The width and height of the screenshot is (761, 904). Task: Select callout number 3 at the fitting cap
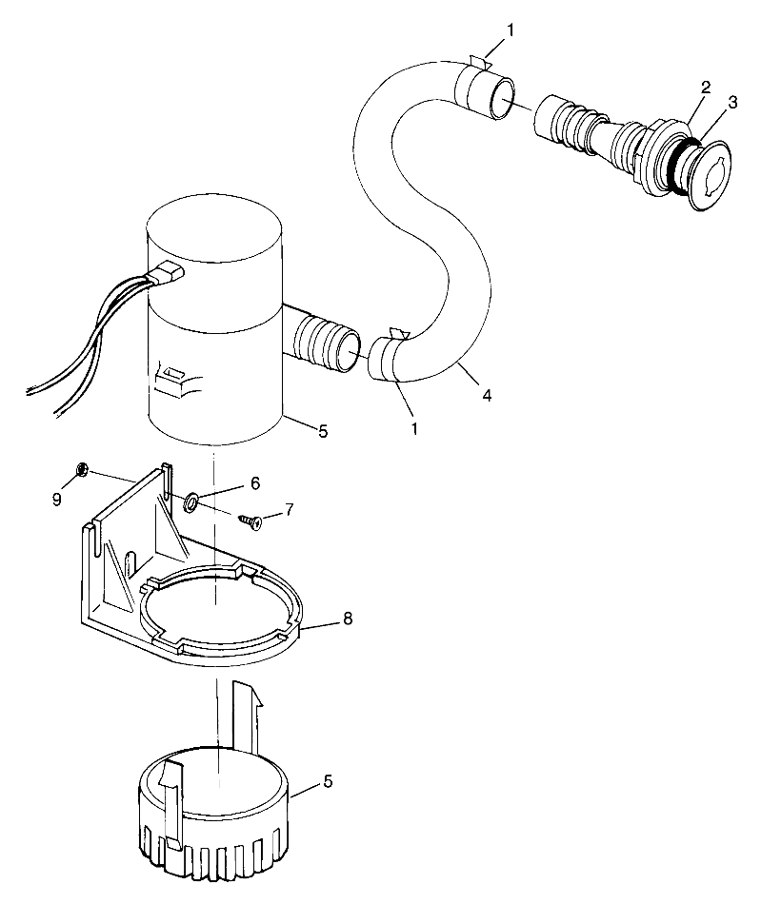732,101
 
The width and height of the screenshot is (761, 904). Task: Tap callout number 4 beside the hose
487,393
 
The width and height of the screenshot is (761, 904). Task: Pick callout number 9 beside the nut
57,498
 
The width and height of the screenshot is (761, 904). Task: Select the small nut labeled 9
82,469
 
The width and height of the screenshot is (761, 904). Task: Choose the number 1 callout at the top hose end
511,30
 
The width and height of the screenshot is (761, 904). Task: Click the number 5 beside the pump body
323,431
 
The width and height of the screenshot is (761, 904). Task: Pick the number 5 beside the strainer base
329,782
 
